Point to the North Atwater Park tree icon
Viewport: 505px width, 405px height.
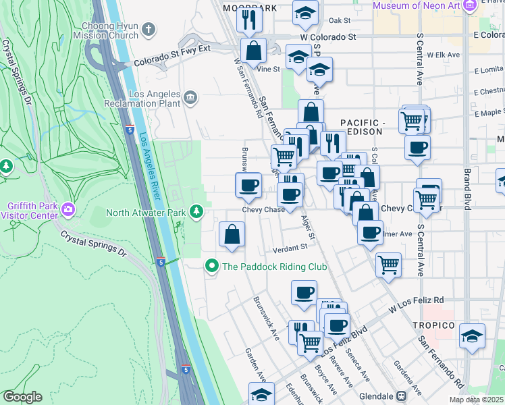click(196, 213)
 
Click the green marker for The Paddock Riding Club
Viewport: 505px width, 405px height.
click(212, 267)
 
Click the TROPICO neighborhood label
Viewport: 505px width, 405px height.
click(433, 325)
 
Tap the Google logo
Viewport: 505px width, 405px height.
click(22, 397)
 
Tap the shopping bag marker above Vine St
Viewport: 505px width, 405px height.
click(254, 51)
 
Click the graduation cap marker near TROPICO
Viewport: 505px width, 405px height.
click(472, 335)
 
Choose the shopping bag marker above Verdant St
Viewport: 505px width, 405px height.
click(232, 234)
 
